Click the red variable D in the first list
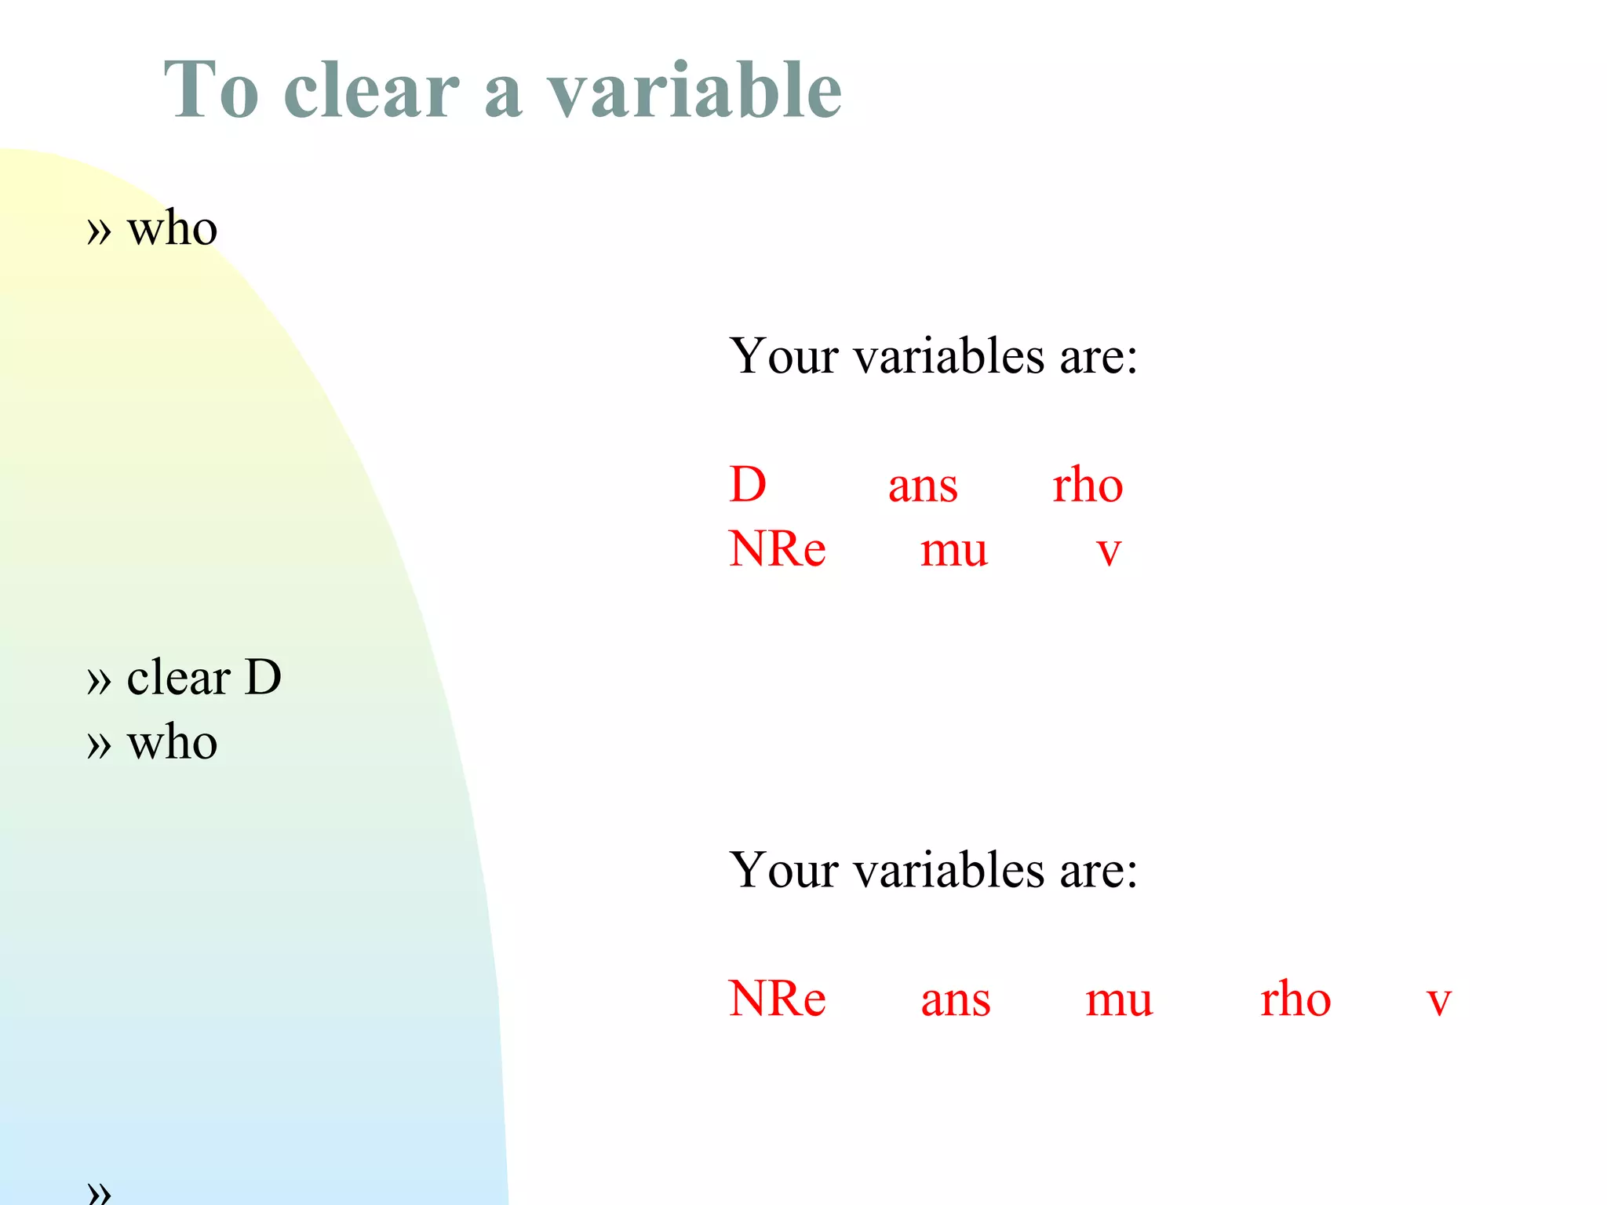[747, 485]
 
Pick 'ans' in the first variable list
[923, 486]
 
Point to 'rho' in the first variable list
[1088, 485]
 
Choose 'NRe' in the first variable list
[777, 549]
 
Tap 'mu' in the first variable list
[954, 551]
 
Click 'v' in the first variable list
[1109, 552]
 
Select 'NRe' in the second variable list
[777, 999]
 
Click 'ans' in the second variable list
[956, 1001]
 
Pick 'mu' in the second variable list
[1119, 1002]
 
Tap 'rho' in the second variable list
[1295, 999]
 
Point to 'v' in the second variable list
[1438, 1002]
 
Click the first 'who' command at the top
[172, 229]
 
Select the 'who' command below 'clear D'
[172, 742]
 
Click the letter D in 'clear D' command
[263, 677]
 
